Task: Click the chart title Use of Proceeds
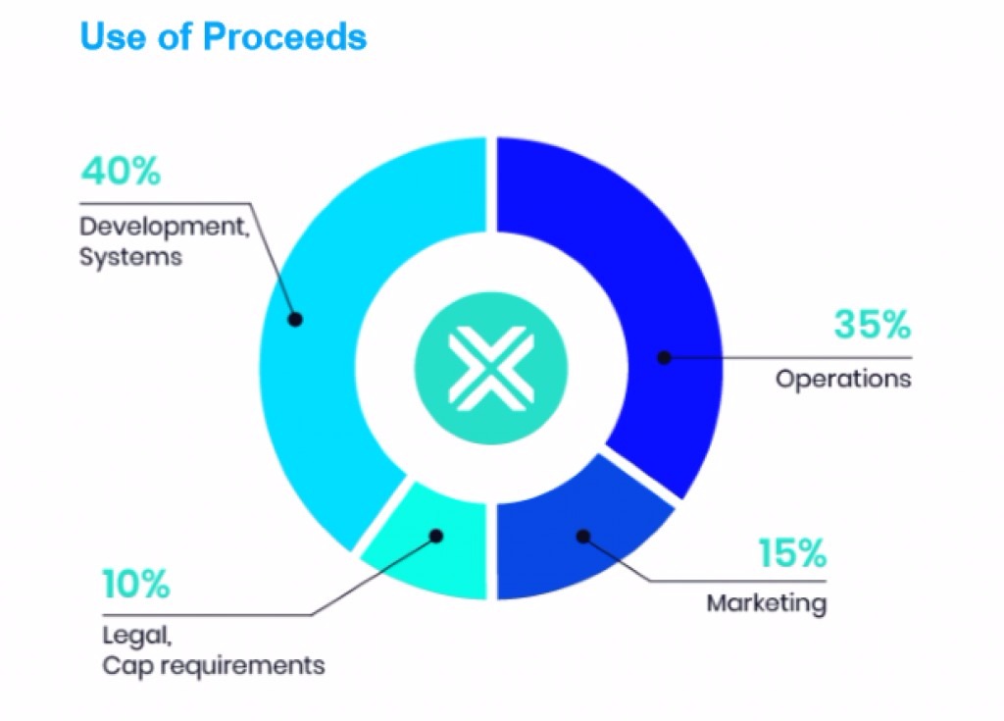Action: point(224,36)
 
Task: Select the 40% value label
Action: point(121,171)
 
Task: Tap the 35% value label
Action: point(872,325)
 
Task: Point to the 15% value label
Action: point(792,552)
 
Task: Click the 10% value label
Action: point(136,584)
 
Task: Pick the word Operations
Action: point(843,379)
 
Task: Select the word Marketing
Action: point(767,603)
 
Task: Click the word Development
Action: point(164,227)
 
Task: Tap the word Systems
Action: point(130,257)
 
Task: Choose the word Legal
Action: point(137,636)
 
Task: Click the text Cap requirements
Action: point(213,666)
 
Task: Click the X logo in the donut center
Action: point(491,369)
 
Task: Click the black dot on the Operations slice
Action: point(665,358)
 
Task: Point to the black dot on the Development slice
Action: point(295,319)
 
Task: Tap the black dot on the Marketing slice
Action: point(583,537)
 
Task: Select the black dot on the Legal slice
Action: point(436,536)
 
